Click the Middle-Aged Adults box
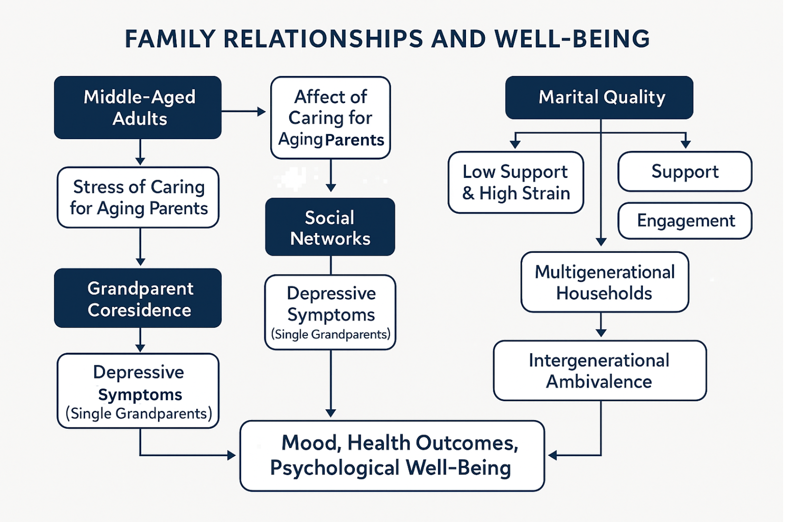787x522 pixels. (138, 107)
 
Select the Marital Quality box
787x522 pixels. (599, 97)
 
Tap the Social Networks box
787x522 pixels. (330, 227)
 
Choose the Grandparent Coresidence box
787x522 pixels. (138, 298)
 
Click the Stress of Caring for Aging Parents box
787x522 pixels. (138, 197)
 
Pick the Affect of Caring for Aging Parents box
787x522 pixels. (331, 117)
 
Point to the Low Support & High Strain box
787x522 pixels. (516, 182)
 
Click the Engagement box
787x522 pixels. (685, 220)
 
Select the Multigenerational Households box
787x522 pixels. (605, 282)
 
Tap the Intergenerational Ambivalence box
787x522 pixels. (600, 371)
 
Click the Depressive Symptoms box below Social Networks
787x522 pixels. (330, 312)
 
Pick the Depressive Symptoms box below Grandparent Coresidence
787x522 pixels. (138, 391)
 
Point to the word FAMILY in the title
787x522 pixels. (170, 39)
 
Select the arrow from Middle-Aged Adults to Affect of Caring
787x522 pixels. (244, 112)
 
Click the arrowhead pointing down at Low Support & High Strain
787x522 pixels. (515, 144)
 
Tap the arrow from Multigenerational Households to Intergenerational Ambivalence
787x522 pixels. (601, 325)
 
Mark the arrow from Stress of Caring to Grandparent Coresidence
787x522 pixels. (140, 246)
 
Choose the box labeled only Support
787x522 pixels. (685, 172)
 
